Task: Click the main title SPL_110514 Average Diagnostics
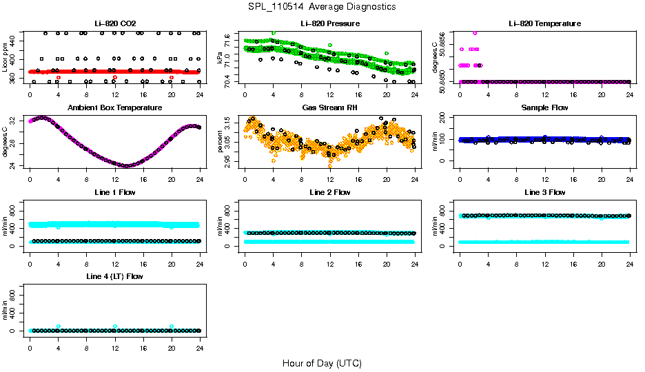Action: pyautogui.click(x=322, y=6)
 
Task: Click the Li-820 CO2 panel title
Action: pyautogui.click(x=114, y=23)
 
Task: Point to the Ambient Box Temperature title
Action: pyautogui.click(x=114, y=108)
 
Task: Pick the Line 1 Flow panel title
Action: pyautogui.click(x=114, y=192)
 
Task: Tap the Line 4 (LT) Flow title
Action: pyautogui.click(x=114, y=276)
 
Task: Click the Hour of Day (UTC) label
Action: pyautogui.click(x=322, y=363)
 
